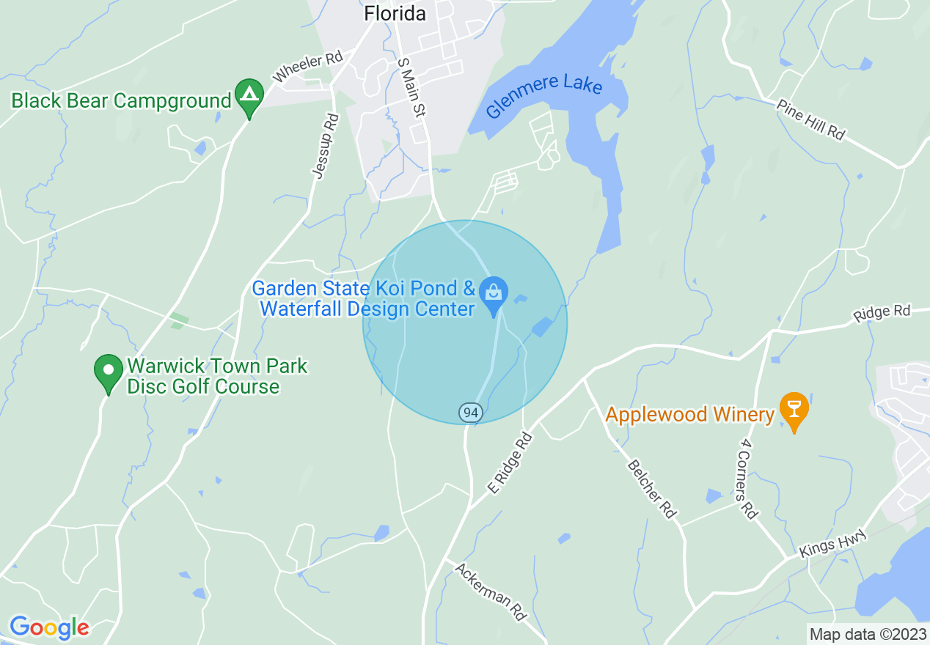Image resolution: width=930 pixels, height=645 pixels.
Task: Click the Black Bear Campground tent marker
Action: [x=249, y=96]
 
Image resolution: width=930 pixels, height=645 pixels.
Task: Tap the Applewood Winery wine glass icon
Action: [x=794, y=408]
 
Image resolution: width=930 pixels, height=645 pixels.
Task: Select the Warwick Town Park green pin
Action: [x=109, y=371]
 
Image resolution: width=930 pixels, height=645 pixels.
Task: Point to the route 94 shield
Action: [x=471, y=413]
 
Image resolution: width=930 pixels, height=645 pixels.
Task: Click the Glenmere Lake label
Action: [x=545, y=95]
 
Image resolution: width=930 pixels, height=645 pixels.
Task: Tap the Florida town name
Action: [x=395, y=13]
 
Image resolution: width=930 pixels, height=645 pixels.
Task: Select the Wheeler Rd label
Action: [x=308, y=67]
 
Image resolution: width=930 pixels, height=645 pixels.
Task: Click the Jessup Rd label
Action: [x=325, y=145]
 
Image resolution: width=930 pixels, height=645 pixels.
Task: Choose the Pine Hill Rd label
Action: [x=810, y=120]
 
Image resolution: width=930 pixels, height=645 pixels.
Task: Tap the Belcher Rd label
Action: [x=651, y=489]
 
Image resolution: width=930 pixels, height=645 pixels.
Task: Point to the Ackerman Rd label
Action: [x=490, y=591]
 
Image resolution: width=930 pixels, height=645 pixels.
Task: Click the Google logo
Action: [x=49, y=627]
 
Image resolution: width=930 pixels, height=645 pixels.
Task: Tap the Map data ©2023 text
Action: [x=865, y=634]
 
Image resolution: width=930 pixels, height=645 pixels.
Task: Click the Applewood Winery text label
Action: [x=689, y=415]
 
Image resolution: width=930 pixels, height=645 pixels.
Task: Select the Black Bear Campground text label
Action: [x=121, y=100]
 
